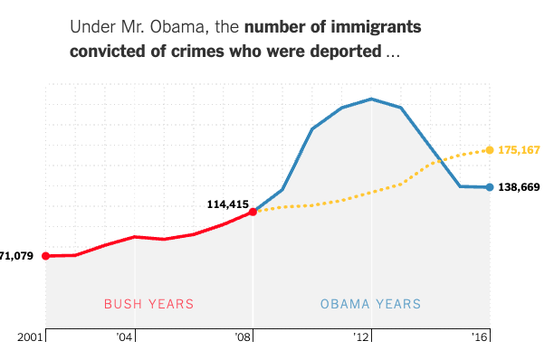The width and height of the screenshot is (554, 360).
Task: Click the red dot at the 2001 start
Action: pos(46,256)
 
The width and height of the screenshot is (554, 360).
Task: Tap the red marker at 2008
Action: pos(253,212)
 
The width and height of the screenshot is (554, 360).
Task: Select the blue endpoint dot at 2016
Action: pos(490,187)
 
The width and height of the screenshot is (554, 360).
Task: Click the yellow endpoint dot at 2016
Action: pos(490,149)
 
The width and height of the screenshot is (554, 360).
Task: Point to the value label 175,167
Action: pos(520,149)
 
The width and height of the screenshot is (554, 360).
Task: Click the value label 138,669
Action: pos(520,187)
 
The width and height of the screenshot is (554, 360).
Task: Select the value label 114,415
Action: pos(227,204)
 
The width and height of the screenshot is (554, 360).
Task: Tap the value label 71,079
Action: pos(16,256)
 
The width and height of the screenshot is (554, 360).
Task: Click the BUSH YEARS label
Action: pos(148,304)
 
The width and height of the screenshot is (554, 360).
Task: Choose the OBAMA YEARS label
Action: pos(370,304)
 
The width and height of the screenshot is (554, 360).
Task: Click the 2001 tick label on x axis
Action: pos(32,337)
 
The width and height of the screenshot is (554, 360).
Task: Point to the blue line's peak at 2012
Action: pos(371,99)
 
